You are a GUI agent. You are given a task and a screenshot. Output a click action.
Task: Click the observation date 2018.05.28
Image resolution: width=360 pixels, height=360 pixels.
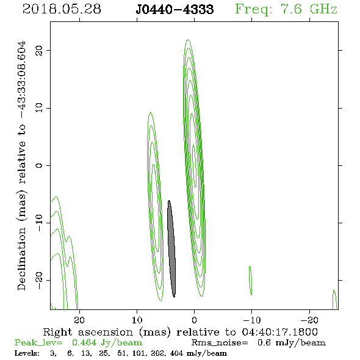(x=62, y=9)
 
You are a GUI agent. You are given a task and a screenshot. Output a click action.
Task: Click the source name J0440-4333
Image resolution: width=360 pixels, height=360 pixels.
(x=175, y=9)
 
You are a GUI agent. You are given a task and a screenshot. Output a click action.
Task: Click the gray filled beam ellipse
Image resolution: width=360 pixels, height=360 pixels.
(x=171, y=249)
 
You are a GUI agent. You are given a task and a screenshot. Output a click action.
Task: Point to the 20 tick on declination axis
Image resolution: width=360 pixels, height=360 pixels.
(x=39, y=50)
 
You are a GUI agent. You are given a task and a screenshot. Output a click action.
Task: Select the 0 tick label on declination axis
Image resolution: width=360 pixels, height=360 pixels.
(x=39, y=165)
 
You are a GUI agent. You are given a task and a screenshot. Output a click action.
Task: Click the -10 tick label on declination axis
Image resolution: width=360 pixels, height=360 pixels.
(x=39, y=223)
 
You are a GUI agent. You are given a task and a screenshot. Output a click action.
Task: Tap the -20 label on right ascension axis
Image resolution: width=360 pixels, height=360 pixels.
(x=309, y=320)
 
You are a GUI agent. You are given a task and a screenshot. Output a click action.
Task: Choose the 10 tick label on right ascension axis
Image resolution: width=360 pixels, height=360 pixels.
(x=137, y=320)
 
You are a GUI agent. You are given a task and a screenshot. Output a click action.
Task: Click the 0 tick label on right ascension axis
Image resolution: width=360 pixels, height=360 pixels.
(x=194, y=320)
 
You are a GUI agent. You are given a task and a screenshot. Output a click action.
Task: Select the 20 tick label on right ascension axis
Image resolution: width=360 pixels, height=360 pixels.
(x=79, y=320)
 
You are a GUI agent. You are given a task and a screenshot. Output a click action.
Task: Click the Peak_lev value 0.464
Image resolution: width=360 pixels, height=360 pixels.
(x=84, y=342)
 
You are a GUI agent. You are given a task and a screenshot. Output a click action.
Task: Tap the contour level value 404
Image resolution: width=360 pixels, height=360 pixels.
(x=176, y=353)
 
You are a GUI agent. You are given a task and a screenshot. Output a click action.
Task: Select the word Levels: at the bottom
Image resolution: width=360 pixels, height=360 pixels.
(x=27, y=353)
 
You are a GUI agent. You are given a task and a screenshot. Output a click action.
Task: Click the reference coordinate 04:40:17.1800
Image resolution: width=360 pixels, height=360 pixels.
(x=280, y=332)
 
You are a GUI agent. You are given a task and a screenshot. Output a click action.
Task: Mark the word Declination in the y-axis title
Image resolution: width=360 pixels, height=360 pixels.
(x=21, y=259)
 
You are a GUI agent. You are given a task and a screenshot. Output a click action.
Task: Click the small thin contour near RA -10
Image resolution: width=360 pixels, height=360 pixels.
(x=251, y=281)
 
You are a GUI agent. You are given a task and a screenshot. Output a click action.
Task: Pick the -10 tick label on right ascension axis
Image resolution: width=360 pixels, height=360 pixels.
(x=252, y=320)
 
